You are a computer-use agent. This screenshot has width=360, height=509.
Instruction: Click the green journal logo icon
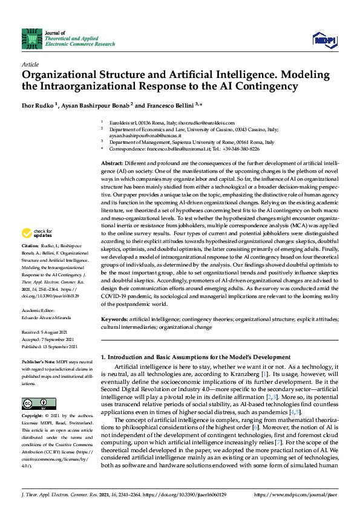(31, 38)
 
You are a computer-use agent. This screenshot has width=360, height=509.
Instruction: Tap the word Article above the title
(30, 64)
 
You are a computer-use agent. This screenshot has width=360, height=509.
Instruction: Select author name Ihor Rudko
(38, 105)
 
